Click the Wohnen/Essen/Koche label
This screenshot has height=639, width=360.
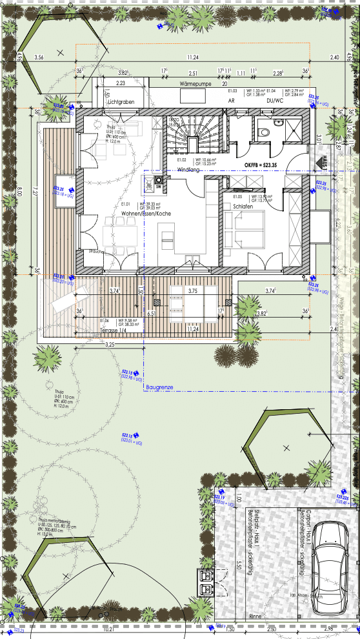pyautogui.click(x=146, y=213)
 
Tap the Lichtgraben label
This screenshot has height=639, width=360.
pyautogui.click(x=121, y=102)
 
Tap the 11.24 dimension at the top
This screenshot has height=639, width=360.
pyautogui.click(x=192, y=57)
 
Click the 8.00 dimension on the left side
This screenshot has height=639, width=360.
pyautogui.click(x=19, y=191)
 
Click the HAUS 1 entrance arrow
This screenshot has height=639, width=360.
pyautogui.click(x=326, y=163)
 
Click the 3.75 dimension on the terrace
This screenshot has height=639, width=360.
pyautogui.click(x=192, y=291)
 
